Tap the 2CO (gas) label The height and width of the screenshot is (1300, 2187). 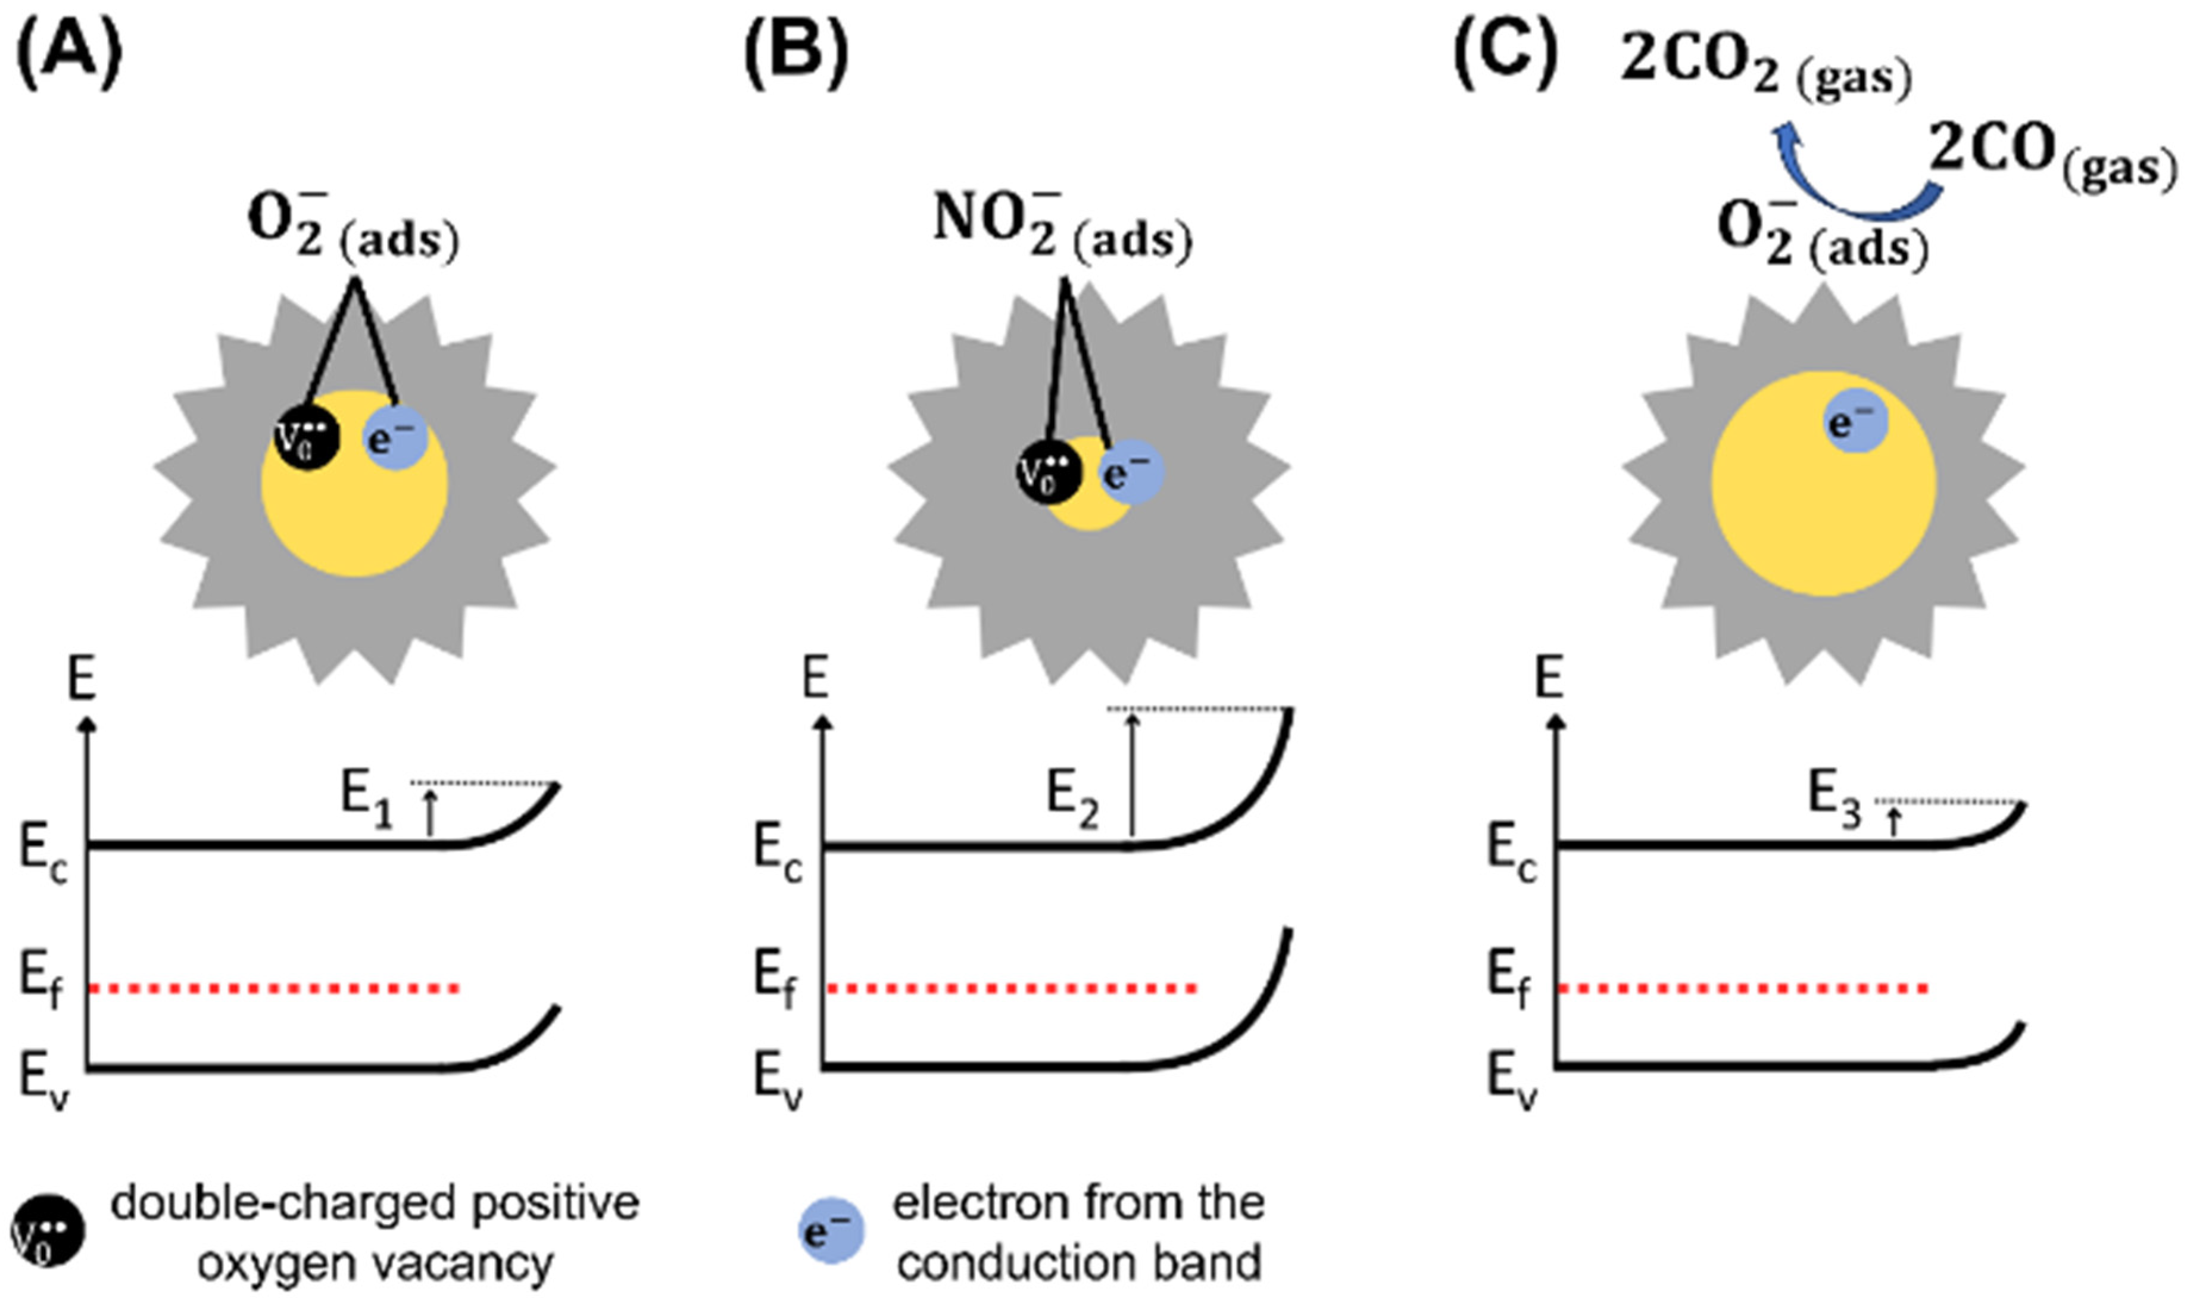(x=2051, y=158)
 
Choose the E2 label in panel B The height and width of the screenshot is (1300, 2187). (x=1074, y=799)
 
